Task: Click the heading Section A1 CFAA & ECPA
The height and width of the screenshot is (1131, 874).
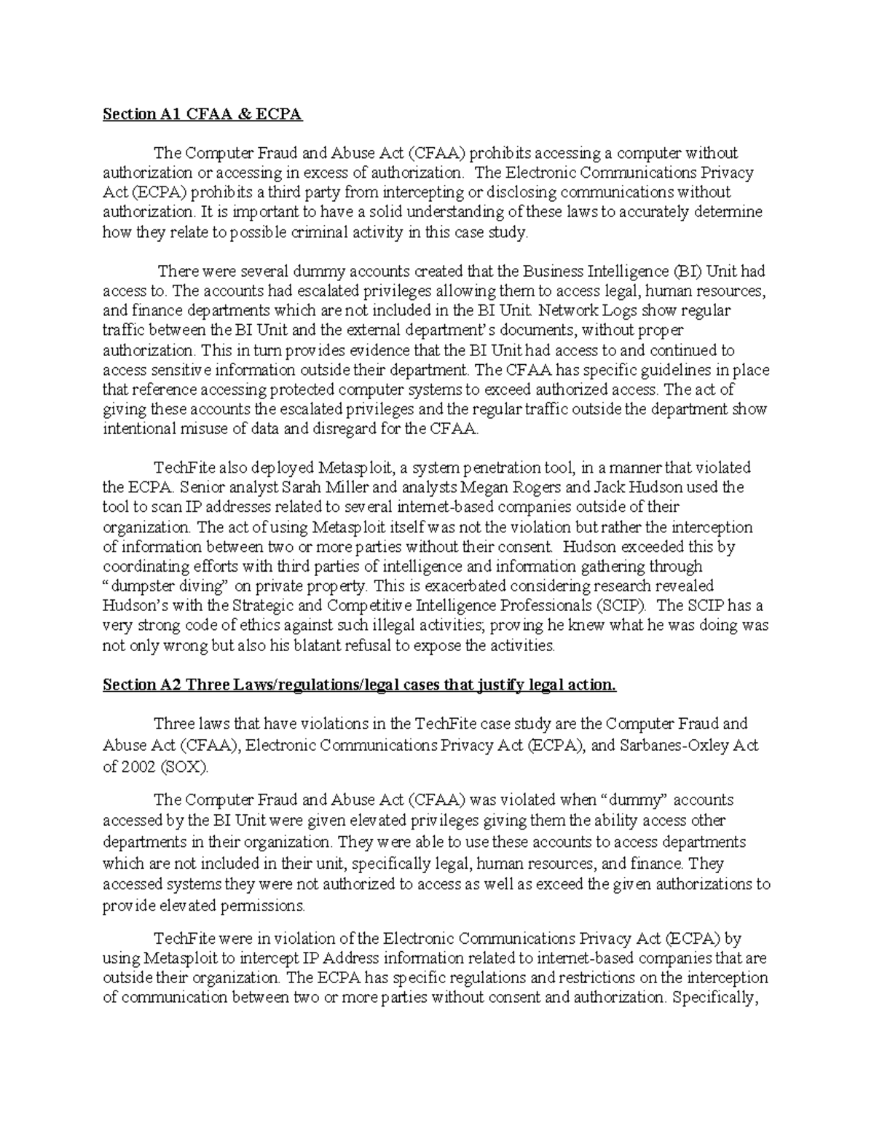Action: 202,114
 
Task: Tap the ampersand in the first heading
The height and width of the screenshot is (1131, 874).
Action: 254,114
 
